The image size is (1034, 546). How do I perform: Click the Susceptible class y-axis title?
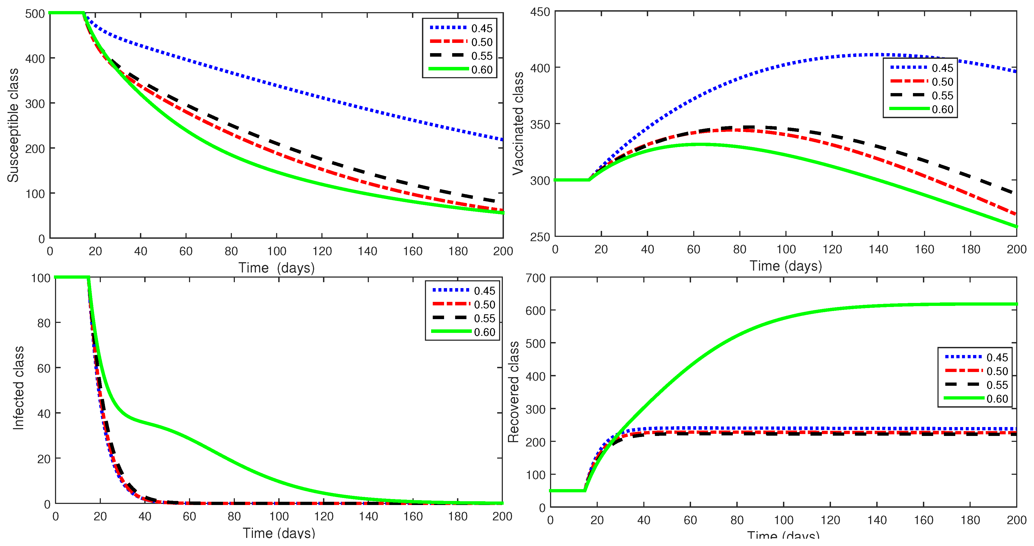point(13,125)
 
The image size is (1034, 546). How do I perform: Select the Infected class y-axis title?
point(18,388)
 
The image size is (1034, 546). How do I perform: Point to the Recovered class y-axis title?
point(513,392)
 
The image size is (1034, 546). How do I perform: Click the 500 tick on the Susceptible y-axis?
point(35,14)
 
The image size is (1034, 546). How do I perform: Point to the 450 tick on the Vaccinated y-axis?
point(540,12)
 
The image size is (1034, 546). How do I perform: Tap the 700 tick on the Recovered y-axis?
point(535,278)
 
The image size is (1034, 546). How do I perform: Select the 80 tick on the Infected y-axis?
point(44,323)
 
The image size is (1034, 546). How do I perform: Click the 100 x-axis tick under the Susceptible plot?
point(277,251)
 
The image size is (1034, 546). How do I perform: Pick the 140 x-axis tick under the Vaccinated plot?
point(878,249)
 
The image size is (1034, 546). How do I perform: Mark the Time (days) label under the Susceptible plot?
point(277,268)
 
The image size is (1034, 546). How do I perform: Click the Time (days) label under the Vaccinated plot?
point(785,266)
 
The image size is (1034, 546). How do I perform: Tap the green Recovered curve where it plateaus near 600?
point(923,305)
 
